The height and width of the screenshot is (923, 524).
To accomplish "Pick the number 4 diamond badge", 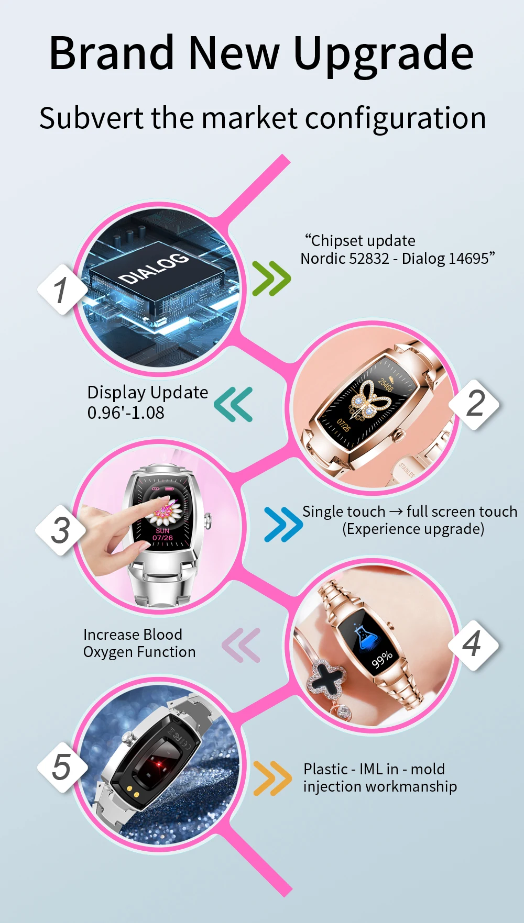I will coord(473,645).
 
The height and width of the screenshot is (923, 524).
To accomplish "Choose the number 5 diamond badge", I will coord(62,768).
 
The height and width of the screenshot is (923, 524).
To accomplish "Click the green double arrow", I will coord(271,279).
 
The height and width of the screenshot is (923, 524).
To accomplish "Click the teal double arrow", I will coord(234,404).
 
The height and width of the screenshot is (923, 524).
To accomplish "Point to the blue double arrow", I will coord(283,524).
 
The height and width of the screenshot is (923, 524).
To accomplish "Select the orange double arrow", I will coord(272,779).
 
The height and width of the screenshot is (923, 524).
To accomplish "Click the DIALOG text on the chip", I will coord(154,268).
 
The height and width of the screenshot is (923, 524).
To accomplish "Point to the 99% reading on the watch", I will coord(382,660).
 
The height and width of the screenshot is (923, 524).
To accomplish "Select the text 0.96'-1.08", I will coord(126,413).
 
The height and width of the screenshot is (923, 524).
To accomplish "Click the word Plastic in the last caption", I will coord(325,769).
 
